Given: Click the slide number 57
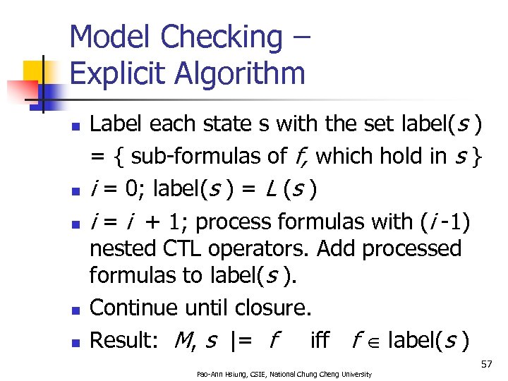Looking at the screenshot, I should (486, 364).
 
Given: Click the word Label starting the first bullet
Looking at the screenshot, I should (113, 125).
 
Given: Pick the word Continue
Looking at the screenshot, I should (131, 308).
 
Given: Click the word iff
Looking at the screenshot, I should (320, 341).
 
